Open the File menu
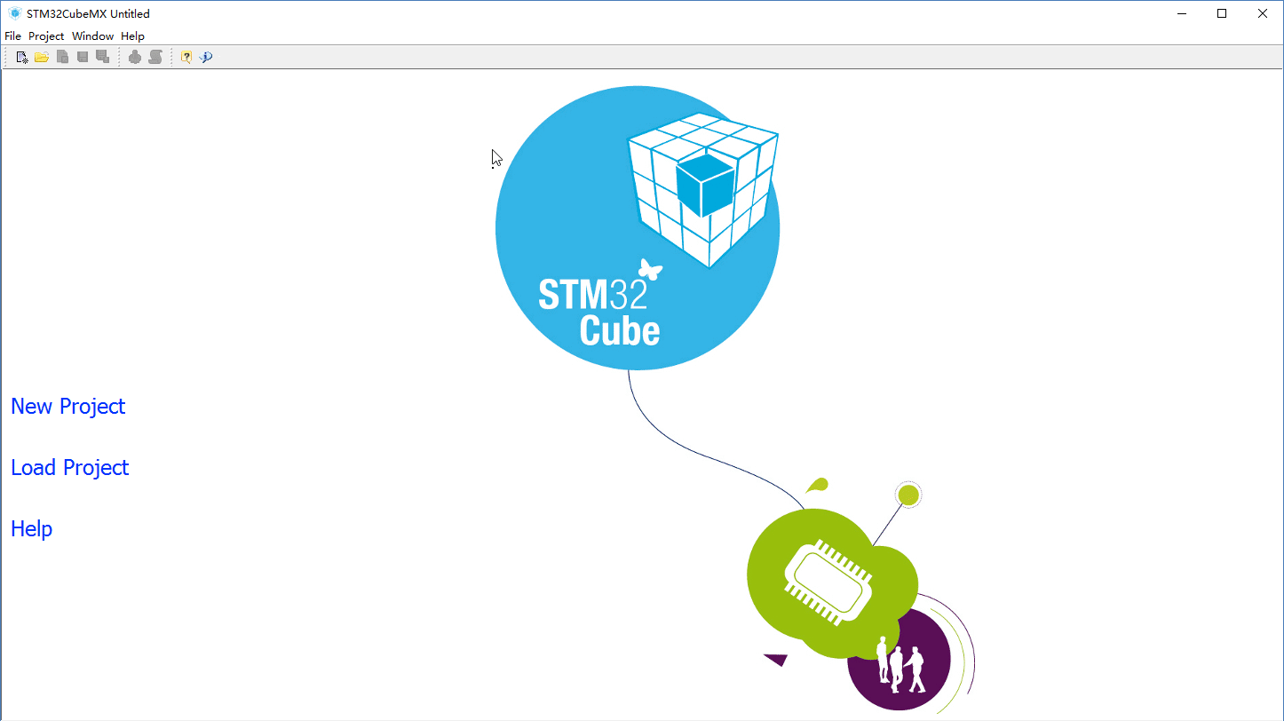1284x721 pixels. point(12,36)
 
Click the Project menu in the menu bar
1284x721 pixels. point(46,36)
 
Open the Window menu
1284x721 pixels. point(92,36)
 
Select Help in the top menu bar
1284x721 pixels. point(132,36)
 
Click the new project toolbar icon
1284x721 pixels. point(22,58)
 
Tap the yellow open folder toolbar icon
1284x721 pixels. point(41,58)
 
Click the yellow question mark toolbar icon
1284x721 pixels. point(186,58)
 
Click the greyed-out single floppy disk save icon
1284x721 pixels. point(83,57)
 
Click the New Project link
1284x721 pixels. point(67,407)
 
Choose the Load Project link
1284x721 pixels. point(69,468)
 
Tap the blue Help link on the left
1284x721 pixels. point(32,528)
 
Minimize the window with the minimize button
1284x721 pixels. point(1181,13)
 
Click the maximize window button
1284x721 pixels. point(1222,13)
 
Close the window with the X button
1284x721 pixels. point(1262,13)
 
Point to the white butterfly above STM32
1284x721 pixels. point(650,269)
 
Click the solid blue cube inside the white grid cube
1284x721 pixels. point(705,185)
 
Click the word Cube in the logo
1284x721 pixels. point(620,330)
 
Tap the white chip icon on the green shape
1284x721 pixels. point(828,582)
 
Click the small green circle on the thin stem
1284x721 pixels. point(908,495)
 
